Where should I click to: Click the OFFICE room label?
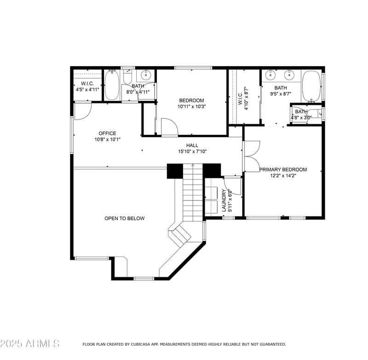click(x=107, y=133)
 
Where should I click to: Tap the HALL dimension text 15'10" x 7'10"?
click(x=192, y=151)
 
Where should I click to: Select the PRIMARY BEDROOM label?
click(x=282, y=170)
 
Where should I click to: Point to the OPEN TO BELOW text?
click(x=124, y=218)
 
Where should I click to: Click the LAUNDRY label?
click(x=224, y=200)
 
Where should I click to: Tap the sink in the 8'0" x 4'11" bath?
click(x=146, y=74)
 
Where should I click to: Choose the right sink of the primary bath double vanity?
click(x=289, y=74)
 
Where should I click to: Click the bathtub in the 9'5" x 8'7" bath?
click(x=311, y=86)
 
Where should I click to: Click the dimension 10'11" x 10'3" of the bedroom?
click(x=191, y=106)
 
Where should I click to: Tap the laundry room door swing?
click(x=233, y=186)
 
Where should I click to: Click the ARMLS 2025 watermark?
click(x=30, y=343)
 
